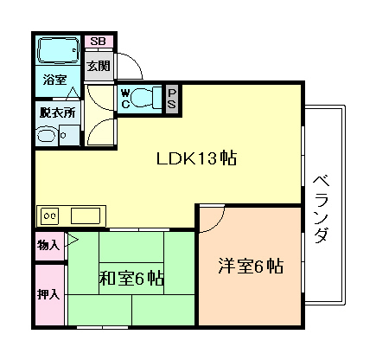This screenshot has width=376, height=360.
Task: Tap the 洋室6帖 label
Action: pos(250,267)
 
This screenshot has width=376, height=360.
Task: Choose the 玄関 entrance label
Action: pos(97,66)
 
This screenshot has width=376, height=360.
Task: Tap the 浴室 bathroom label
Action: pos(56,79)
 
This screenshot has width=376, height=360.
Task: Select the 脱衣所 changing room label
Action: pos(57,112)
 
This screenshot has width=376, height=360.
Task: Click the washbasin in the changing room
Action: pos(46,135)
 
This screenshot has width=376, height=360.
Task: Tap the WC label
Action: pos(125,96)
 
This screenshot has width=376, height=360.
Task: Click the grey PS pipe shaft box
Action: pos(172,96)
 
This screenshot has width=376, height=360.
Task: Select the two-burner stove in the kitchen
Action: pos(50,214)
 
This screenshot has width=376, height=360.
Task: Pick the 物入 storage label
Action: pos(49,246)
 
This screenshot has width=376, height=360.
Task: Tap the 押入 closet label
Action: pos(49,294)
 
